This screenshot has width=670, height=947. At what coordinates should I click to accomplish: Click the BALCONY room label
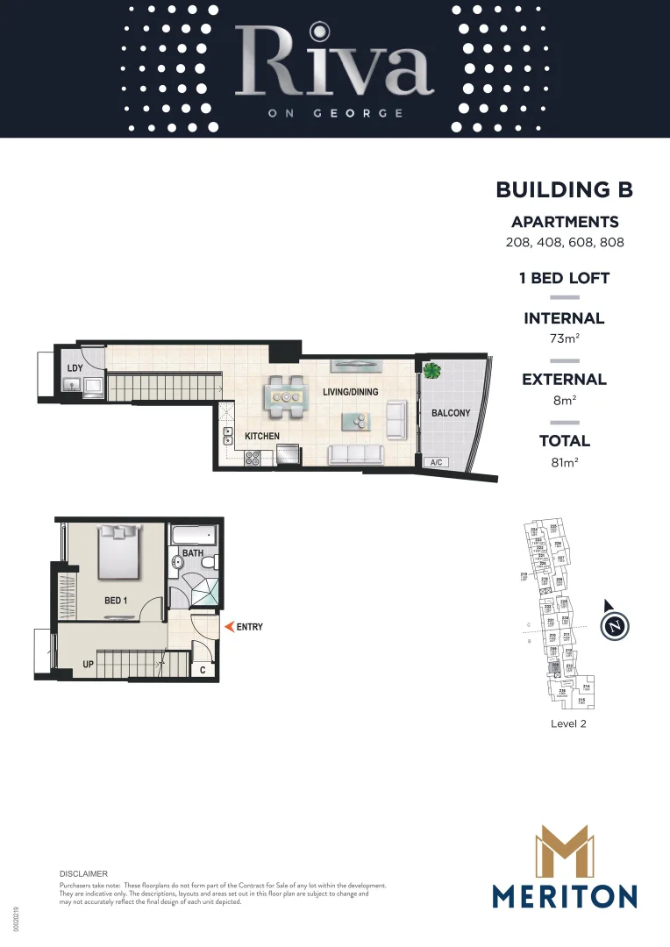pyautogui.click(x=451, y=413)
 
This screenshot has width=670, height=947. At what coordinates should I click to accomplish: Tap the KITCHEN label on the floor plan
pyautogui.click(x=262, y=436)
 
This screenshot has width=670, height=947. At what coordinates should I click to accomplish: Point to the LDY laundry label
pyautogui.click(x=75, y=367)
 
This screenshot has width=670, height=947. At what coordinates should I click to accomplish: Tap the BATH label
pyautogui.click(x=193, y=553)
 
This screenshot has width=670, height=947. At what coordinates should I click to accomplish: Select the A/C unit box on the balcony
pyautogui.click(x=435, y=462)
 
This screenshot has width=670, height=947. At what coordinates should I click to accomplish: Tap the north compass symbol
pyautogui.click(x=617, y=626)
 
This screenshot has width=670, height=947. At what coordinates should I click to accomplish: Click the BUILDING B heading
pyautogui.click(x=564, y=189)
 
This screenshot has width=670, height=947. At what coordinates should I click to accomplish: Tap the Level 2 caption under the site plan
pyautogui.click(x=568, y=723)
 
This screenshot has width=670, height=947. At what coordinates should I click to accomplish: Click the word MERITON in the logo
pyautogui.click(x=564, y=896)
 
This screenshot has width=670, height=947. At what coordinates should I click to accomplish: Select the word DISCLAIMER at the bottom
pyautogui.click(x=83, y=874)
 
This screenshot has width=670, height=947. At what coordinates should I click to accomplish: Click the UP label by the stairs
pyautogui.click(x=88, y=665)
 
